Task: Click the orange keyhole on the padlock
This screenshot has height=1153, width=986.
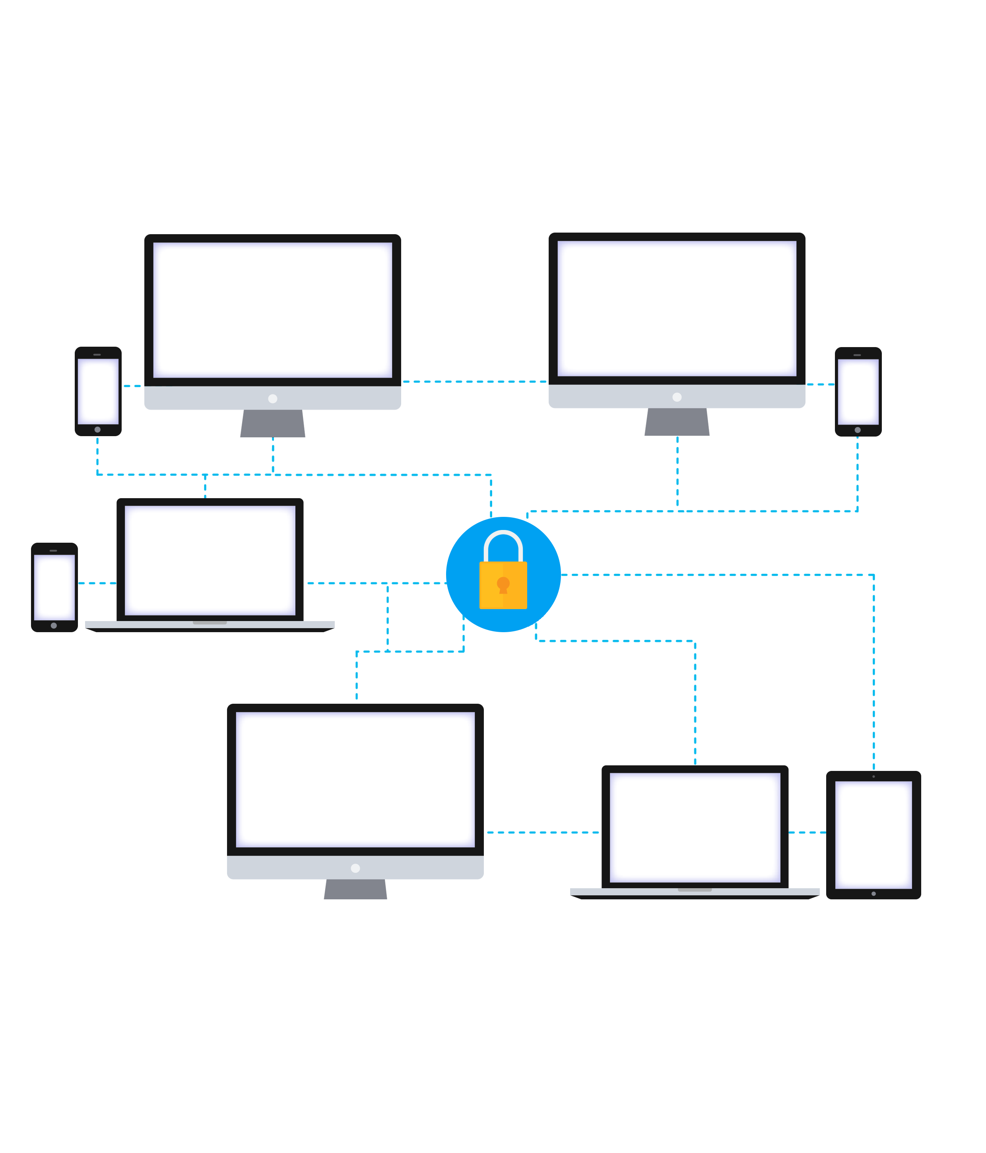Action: point(503,584)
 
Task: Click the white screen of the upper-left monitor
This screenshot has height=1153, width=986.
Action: point(273,310)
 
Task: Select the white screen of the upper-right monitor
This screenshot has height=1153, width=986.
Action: point(677,308)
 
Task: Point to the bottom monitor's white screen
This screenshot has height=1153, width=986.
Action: point(355,779)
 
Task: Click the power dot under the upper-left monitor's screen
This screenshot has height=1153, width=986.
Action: point(273,398)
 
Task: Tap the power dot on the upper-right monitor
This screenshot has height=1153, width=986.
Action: point(677,397)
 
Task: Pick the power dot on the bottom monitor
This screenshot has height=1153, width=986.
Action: point(355,868)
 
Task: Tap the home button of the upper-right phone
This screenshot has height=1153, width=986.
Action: point(858,430)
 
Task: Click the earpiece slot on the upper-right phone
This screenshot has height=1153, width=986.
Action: point(858,355)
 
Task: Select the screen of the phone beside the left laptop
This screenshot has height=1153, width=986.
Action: point(54,587)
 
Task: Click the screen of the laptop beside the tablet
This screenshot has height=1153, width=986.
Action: point(695,827)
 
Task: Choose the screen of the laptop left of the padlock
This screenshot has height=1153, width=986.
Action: point(210,560)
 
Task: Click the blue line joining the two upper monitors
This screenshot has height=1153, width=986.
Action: point(475,382)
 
